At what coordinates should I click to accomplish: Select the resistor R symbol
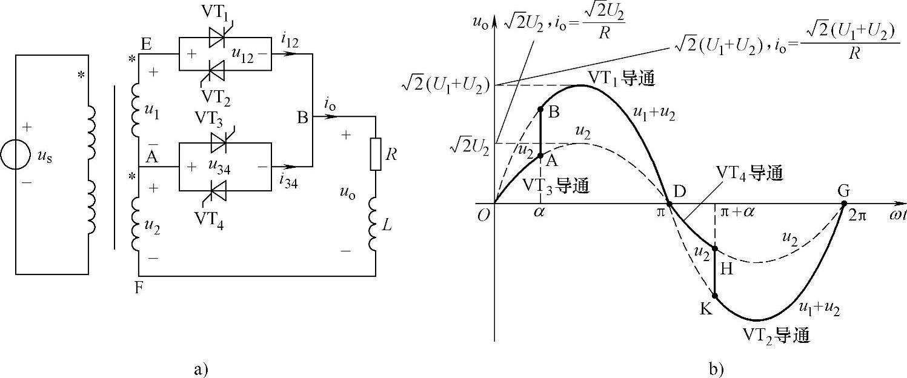click(376, 155)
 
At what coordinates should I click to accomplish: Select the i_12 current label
click(290, 39)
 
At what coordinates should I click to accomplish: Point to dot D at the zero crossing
click(669, 204)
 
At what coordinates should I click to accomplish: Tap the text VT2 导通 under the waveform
click(776, 336)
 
